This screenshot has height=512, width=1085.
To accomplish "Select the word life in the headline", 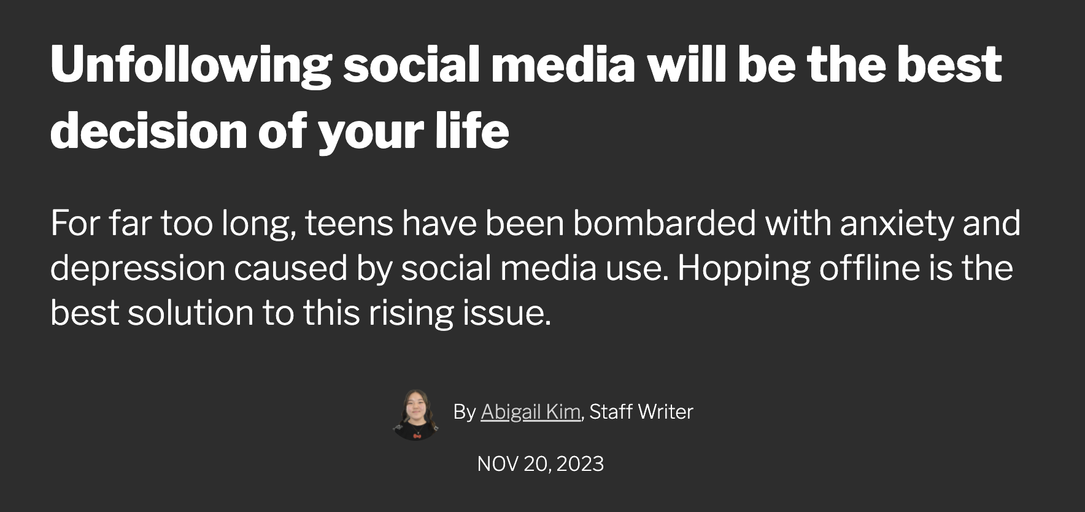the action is [x=473, y=130].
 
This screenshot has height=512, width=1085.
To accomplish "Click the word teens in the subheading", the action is [x=349, y=223].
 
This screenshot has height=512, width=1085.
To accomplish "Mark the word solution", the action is [x=190, y=312].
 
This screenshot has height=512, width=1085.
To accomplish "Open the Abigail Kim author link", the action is [x=530, y=412].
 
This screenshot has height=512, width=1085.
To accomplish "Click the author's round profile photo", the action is [x=417, y=414].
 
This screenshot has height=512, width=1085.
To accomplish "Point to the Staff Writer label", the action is [x=641, y=412].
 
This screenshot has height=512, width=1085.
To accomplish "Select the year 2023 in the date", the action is [x=580, y=464].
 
